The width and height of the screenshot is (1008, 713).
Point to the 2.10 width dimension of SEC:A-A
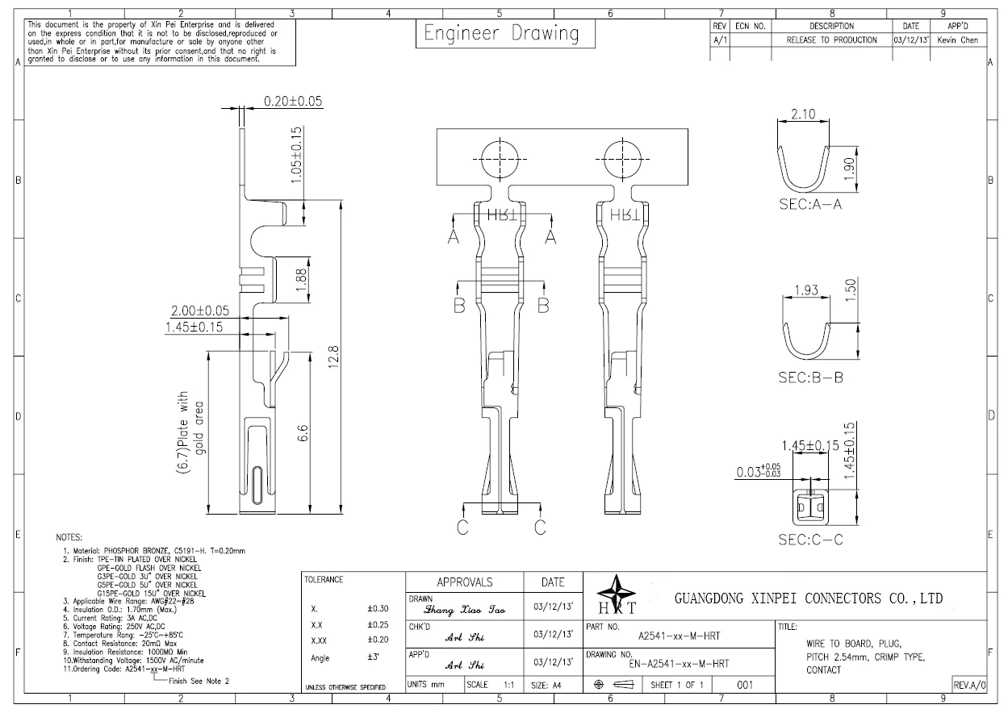(x=802, y=115)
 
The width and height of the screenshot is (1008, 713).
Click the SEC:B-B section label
(x=810, y=377)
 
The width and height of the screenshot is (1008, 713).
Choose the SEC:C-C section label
(x=810, y=540)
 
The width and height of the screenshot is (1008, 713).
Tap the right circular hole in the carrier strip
(x=623, y=156)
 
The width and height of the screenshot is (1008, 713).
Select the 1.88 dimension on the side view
(x=301, y=282)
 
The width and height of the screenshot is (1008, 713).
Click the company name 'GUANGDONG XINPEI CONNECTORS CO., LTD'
(x=808, y=598)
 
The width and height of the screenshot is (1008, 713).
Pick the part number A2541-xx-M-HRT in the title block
(x=679, y=635)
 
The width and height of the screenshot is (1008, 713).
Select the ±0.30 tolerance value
(x=378, y=609)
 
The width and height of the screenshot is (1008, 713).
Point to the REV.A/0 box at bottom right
(x=968, y=684)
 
